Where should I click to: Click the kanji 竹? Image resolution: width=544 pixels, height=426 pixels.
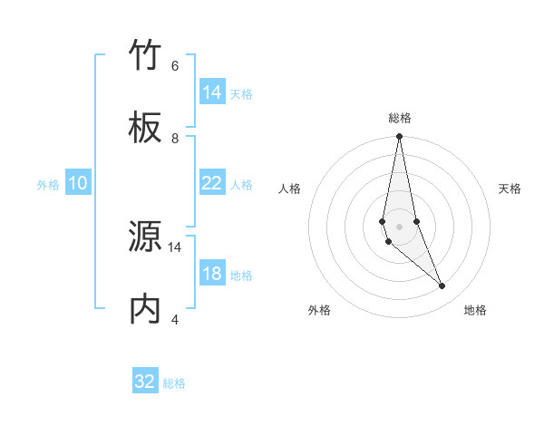146,56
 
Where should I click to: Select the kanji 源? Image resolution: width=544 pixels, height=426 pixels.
146,237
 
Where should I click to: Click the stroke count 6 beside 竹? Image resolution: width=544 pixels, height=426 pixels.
175,66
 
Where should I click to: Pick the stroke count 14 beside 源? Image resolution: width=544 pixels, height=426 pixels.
175,247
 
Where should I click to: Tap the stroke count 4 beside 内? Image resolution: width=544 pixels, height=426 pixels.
175,319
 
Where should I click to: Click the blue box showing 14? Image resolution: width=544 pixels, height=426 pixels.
212,92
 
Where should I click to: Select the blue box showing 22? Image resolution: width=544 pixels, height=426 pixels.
212,183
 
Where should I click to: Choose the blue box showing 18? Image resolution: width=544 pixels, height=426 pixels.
212,274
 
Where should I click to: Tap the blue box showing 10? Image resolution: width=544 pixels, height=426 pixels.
78,183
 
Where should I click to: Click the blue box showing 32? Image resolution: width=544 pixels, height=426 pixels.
145,382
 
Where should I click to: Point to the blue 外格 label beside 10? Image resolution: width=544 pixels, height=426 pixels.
48,185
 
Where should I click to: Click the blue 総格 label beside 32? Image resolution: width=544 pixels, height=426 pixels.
174,383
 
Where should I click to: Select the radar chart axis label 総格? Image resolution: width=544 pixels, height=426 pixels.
400,118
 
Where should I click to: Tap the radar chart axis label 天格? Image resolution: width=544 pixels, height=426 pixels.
510,189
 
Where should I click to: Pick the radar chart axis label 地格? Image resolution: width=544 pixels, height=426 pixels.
475,310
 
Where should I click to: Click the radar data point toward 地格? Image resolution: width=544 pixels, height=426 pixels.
442,286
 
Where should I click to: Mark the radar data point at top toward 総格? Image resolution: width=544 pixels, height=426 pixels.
400,137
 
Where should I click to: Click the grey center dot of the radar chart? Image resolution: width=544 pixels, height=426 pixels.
400,227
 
